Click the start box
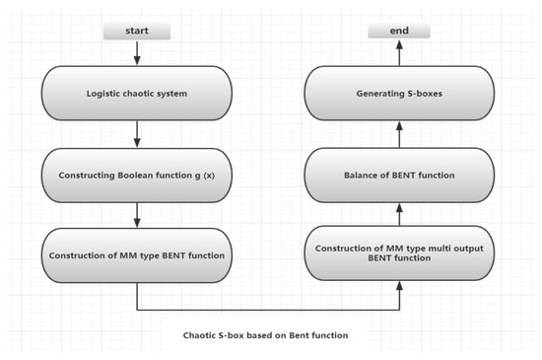[136, 32]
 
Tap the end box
[399, 32]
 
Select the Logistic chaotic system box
[136, 94]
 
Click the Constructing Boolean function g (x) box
[136, 175]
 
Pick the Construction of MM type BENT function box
[136, 255]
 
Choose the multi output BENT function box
[399, 252]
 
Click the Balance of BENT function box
[399, 175]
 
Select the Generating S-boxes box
[399, 94]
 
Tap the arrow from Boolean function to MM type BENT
[136, 215]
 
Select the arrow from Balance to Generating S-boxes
[399, 134]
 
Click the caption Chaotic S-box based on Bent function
[265, 335]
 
